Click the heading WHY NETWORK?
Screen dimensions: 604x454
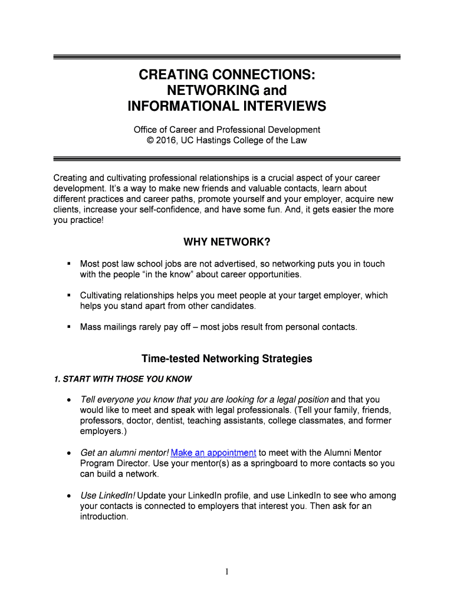pyautogui.click(x=227, y=242)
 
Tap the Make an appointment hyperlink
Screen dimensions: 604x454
pyautogui.click(x=213, y=453)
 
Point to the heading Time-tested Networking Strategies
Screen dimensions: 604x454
pyautogui.click(x=227, y=359)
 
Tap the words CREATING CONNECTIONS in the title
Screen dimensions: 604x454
pyautogui.click(x=227, y=75)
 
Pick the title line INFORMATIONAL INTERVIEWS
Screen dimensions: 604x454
pyautogui.click(x=227, y=106)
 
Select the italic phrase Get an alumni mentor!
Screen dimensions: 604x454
pyautogui.click(x=124, y=453)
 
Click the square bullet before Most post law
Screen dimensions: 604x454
pyautogui.click(x=69, y=263)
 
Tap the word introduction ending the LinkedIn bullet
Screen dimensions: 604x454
pyautogui.click(x=104, y=517)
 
